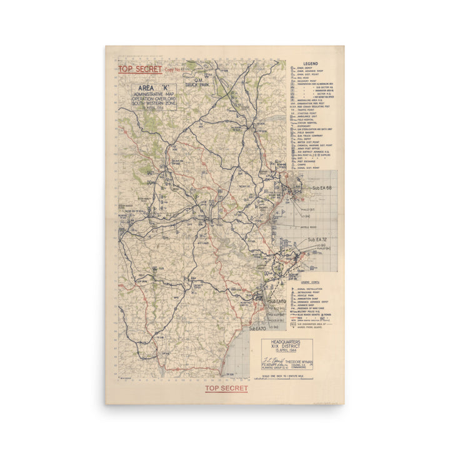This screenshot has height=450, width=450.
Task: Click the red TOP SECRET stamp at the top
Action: coord(140,69)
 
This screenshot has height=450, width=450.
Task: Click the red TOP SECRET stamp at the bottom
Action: coord(226,388)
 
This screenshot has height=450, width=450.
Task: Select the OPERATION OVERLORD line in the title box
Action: coord(153,97)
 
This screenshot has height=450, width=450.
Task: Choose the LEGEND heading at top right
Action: coord(311,64)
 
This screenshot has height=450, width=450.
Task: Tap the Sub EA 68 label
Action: coord(322,188)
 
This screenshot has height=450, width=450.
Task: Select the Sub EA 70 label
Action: coord(257,328)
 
